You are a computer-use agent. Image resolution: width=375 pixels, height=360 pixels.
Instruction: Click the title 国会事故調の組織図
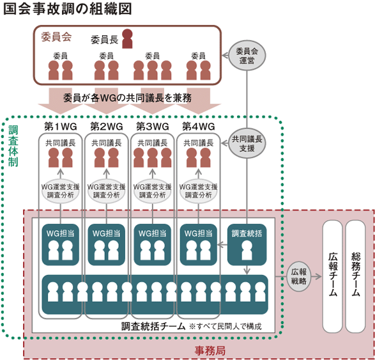tap(68, 9)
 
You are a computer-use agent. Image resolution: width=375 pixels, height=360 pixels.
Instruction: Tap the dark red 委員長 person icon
tap(127, 39)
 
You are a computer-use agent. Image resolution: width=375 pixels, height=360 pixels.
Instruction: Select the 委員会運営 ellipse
tap(247, 56)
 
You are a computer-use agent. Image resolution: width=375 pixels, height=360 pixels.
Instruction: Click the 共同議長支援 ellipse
tap(247, 143)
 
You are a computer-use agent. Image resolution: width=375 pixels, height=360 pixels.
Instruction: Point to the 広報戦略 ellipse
tap(299, 276)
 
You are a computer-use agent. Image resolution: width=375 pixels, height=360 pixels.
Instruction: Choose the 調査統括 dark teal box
tap(247, 245)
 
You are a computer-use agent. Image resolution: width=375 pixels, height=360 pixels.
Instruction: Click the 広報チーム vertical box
tap(333, 276)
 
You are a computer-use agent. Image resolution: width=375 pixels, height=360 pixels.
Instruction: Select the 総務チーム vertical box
tap(356, 276)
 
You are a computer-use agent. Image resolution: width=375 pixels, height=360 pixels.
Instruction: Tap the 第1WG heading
tap(61, 127)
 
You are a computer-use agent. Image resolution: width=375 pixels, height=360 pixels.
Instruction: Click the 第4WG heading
tap(199, 127)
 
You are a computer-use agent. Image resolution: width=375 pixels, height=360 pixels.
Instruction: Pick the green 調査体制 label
tap(13, 146)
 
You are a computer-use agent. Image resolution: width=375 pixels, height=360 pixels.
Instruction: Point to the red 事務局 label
tap(210, 351)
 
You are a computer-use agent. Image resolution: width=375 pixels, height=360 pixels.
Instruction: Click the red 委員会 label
tap(56, 37)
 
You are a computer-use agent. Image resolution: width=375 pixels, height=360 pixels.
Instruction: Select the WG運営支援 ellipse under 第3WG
tap(152, 191)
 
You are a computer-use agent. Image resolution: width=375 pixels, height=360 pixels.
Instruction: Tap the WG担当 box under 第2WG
tap(107, 245)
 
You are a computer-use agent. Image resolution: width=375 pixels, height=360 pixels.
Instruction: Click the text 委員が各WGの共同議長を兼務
tap(127, 98)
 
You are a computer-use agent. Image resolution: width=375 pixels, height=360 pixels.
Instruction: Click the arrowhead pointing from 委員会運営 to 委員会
tap(225, 56)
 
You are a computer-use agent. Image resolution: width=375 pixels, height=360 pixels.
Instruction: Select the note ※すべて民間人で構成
tap(225, 326)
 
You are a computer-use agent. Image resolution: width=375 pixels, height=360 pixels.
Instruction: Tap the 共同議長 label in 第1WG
tap(61, 143)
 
